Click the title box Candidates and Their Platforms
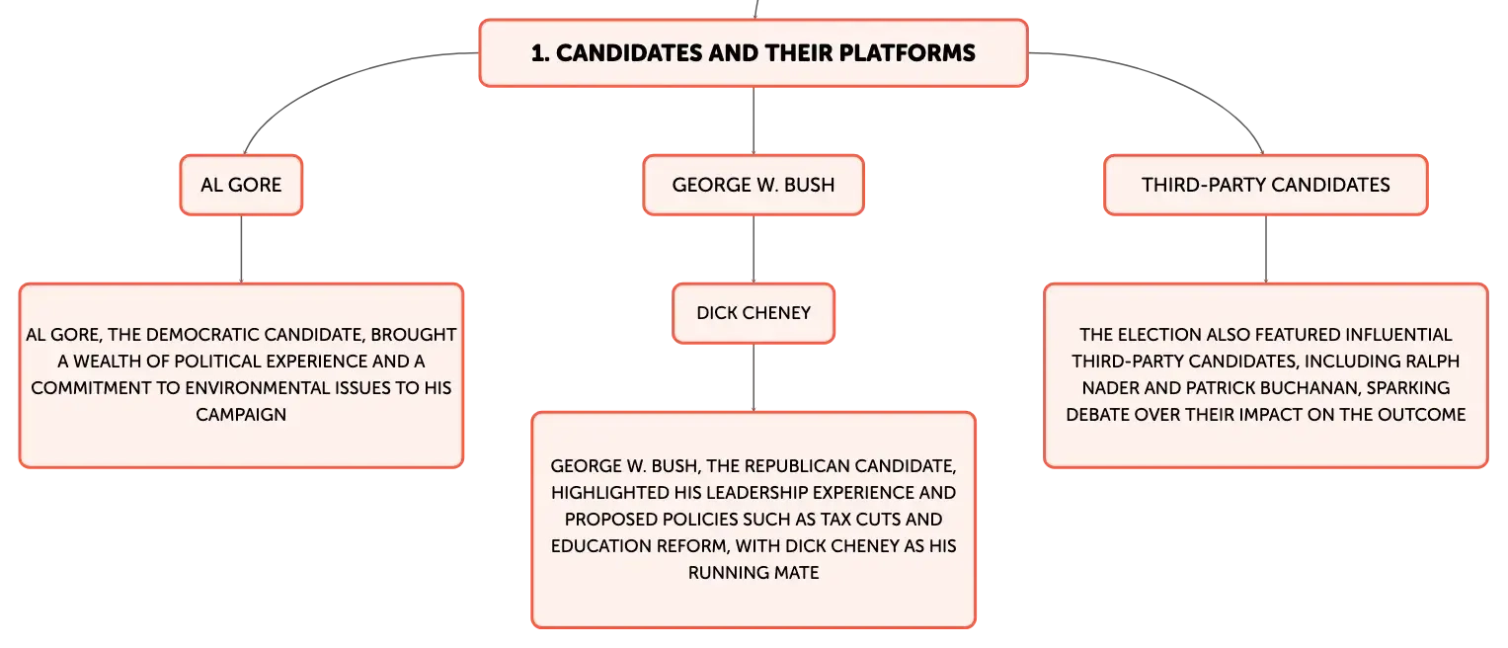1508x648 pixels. click(754, 53)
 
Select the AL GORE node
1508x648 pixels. click(241, 186)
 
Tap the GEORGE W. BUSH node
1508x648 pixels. click(754, 186)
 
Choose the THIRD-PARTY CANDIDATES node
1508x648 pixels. click(1266, 186)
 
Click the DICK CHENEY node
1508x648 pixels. click(754, 313)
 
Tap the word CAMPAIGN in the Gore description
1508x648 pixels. click(241, 415)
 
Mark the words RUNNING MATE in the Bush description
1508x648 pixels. click(754, 573)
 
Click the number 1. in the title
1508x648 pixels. click(540, 53)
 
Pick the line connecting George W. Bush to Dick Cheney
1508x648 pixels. click(754, 249)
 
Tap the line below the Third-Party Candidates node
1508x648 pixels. click(1266, 249)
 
